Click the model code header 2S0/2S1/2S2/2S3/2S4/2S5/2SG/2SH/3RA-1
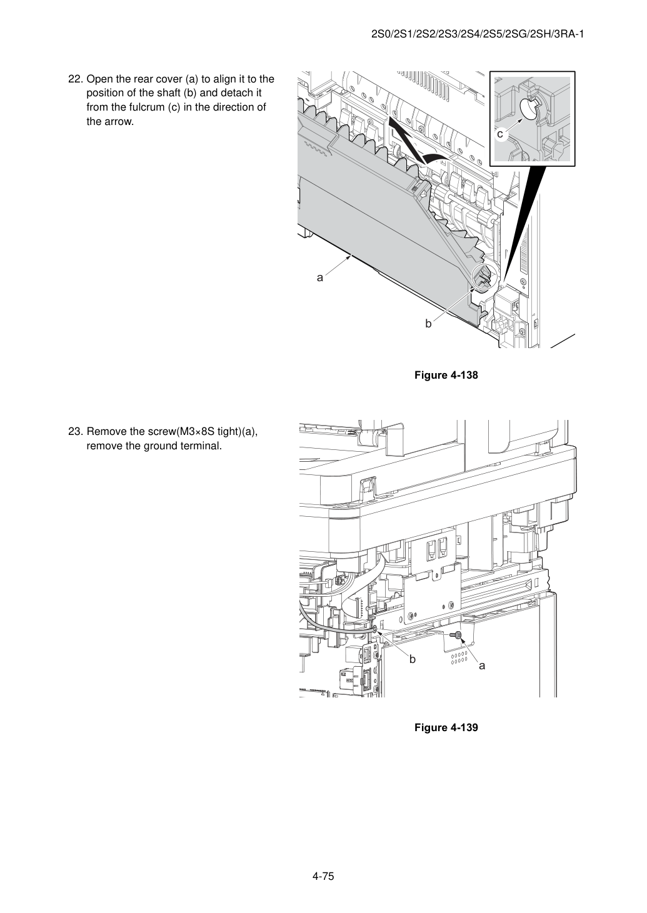(478, 34)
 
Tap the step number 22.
(76, 79)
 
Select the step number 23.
(76, 431)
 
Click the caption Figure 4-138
(446, 375)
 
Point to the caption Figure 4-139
(446, 727)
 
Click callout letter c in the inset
(500, 134)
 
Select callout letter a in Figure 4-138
(320, 278)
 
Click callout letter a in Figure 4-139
(483, 666)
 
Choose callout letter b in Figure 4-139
(412, 659)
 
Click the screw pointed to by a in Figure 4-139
(455, 635)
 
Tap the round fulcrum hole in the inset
(529, 108)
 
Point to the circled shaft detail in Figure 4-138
(485, 278)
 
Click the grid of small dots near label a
(459, 658)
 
